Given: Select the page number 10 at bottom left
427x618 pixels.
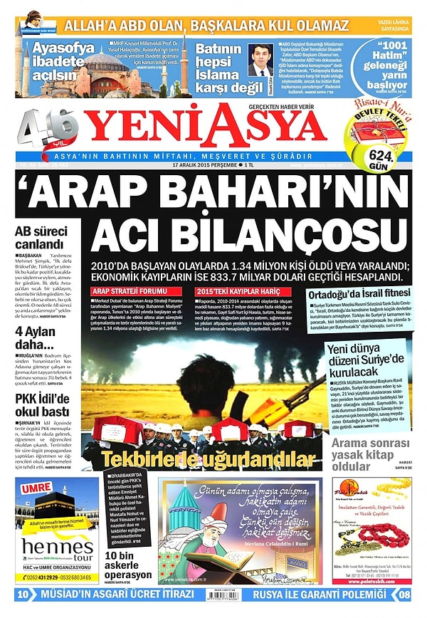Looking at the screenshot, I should [x=23, y=594].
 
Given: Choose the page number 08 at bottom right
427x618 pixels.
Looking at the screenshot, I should [x=404, y=594].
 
